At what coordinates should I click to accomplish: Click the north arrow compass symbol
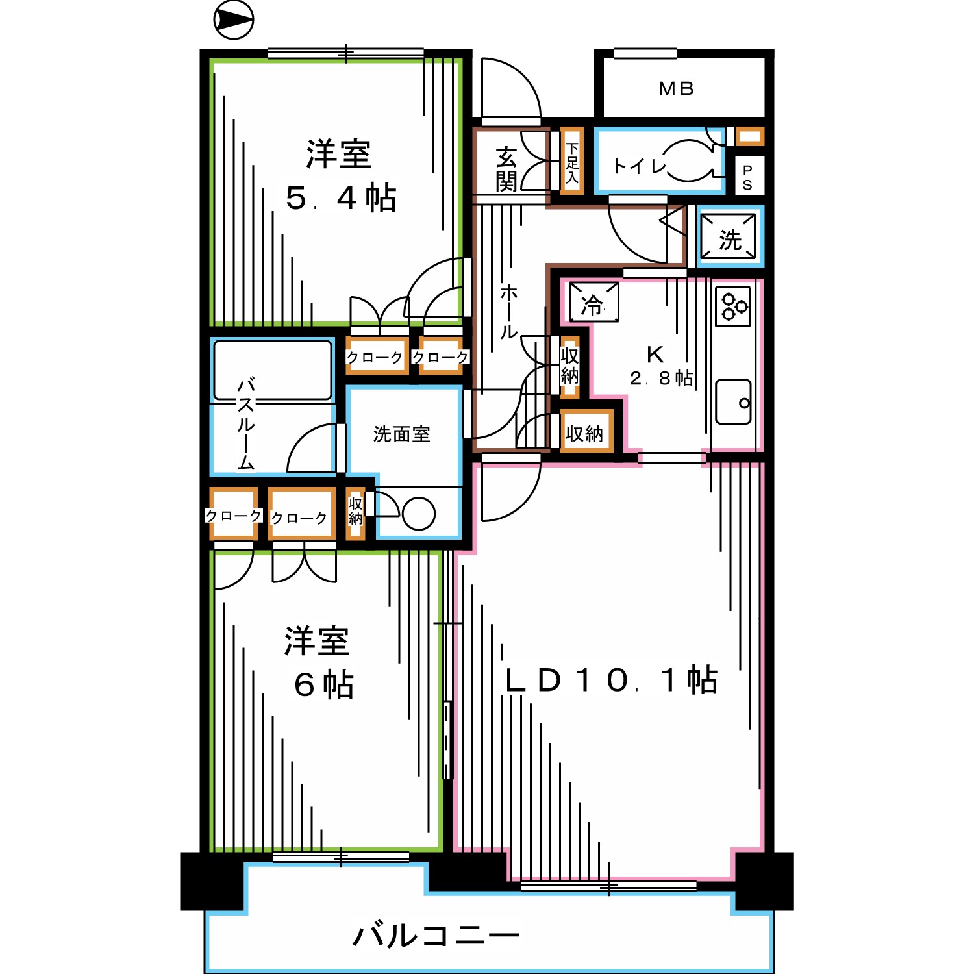click(x=233, y=20)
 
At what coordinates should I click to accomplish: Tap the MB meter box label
click(x=677, y=88)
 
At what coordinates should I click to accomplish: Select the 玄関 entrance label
click(x=506, y=169)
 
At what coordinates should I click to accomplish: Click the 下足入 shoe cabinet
click(x=572, y=162)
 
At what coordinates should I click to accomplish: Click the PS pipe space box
click(x=747, y=176)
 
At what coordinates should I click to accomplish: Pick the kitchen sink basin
click(x=733, y=402)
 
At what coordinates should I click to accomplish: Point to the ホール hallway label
click(x=508, y=312)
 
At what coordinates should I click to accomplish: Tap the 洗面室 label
click(x=402, y=434)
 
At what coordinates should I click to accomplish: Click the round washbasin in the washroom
click(x=418, y=514)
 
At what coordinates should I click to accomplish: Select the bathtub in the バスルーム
click(x=273, y=369)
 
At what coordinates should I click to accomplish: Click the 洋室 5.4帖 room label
click(x=340, y=176)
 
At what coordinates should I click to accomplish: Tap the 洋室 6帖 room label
click(x=319, y=662)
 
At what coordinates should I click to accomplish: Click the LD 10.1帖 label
click(x=611, y=680)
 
